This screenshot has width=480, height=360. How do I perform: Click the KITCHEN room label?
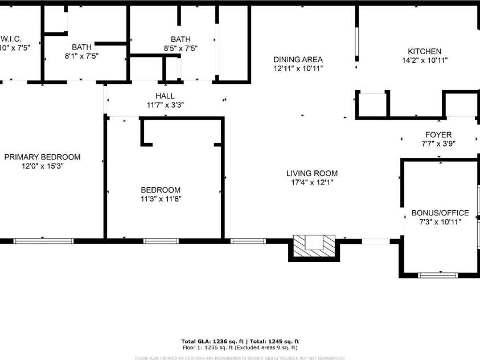coord(424,51)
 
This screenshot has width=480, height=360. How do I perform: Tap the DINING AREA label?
coord(298,59)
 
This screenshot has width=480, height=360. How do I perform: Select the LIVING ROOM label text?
coord(311,173)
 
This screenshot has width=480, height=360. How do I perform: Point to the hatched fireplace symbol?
coord(313,247)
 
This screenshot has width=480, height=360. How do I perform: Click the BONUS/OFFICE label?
coord(440,213)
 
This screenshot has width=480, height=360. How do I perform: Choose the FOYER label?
coord(438,135)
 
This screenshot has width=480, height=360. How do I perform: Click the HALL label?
coord(165,96)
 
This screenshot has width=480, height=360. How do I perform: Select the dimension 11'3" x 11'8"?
coord(161,199)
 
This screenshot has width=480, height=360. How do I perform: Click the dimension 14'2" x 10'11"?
coord(424,60)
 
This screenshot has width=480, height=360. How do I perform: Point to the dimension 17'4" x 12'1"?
coord(311,182)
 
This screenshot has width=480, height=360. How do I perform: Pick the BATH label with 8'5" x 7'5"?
coord(180,39)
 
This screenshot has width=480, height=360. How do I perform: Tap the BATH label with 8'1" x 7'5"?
coord(81,47)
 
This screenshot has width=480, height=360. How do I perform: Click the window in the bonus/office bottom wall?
coord(438,275)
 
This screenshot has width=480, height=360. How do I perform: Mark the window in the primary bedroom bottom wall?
coord(44,241)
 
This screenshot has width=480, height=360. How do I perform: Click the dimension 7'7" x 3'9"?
coord(438,144)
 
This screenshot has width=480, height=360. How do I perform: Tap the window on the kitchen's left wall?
coord(358,43)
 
